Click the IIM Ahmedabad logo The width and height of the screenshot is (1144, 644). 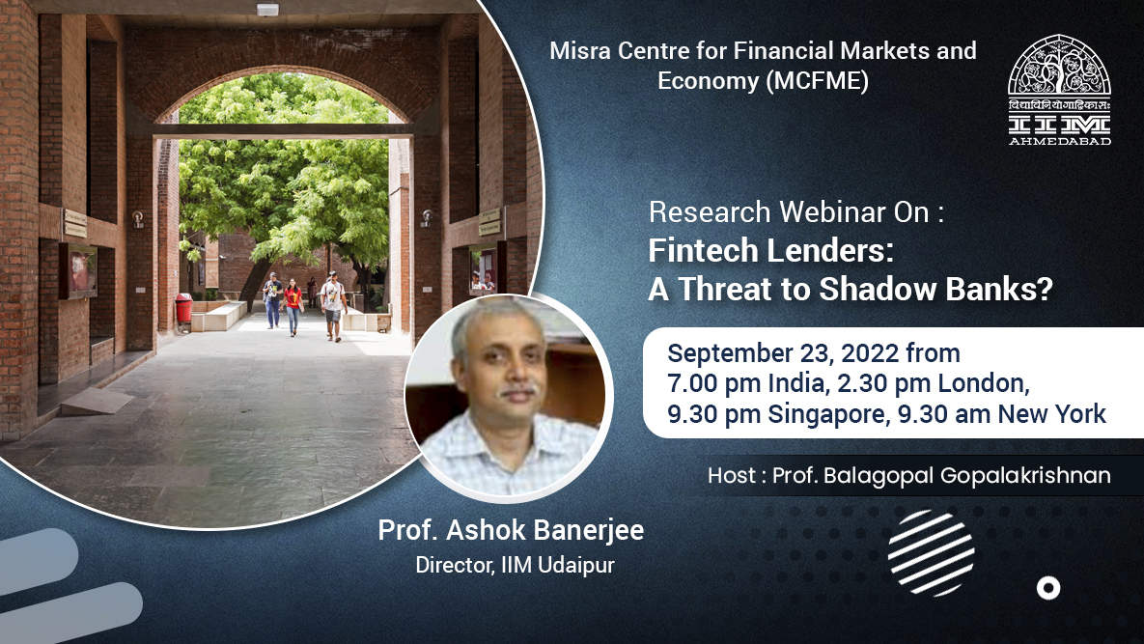click(1059, 90)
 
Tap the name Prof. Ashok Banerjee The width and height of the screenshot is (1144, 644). click(511, 531)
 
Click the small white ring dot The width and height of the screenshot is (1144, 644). click(1047, 587)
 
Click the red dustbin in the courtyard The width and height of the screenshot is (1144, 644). click(183, 309)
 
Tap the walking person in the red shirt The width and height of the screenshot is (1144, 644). click(293, 304)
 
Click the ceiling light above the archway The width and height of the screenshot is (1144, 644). click(267, 10)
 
